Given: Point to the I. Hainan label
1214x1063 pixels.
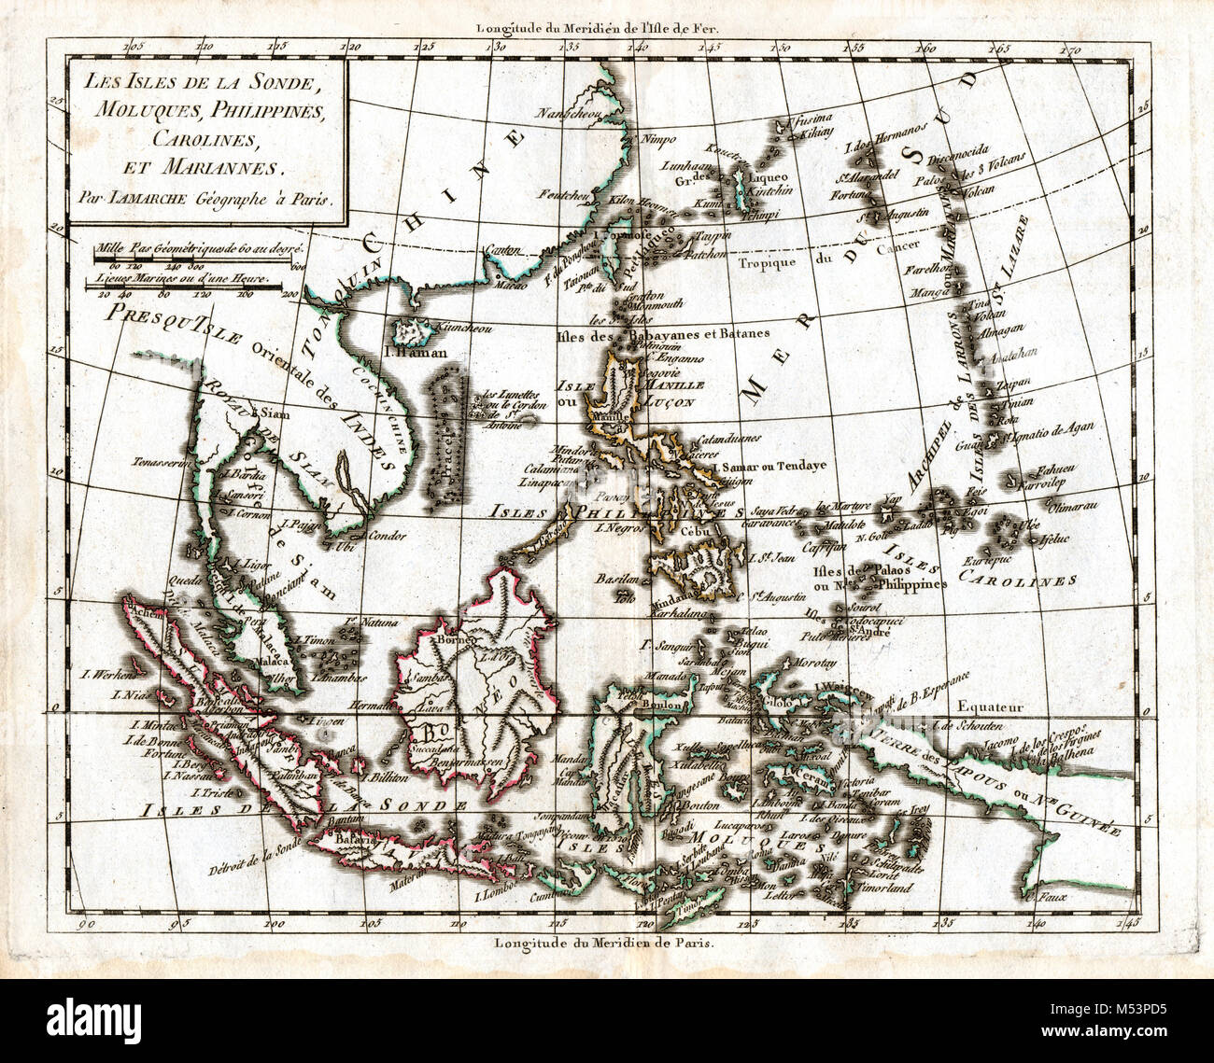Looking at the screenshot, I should click(410, 353).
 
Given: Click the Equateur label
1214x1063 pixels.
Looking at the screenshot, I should click(995, 707).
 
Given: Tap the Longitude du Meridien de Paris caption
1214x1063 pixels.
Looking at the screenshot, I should click(605, 943).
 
